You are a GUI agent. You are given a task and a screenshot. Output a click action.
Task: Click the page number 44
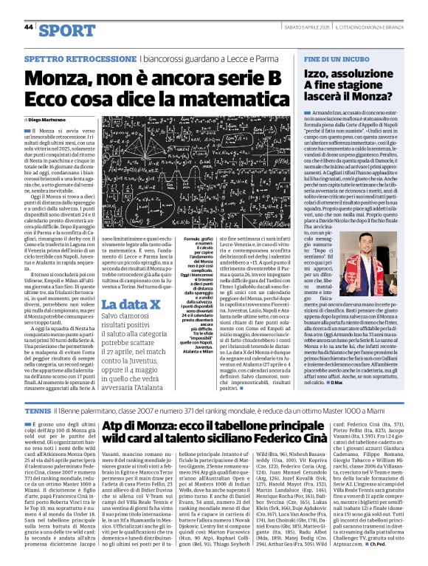pyautogui.click(x=29, y=27)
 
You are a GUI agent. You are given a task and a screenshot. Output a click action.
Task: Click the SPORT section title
pyautogui.click(x=67, y=30)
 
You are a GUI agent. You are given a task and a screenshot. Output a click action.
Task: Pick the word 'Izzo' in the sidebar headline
pyautogui.click(x=320, y=74)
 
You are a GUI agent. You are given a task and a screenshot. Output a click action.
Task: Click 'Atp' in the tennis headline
pyautogui.click(x=114, y=429)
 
